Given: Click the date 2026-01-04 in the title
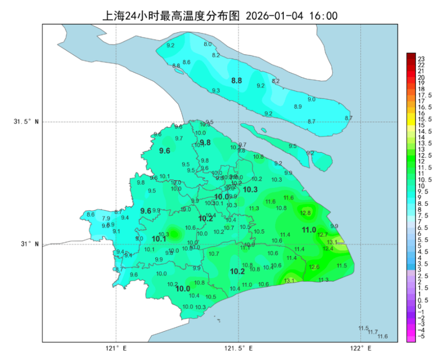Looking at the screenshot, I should pyautogui.click(x=274, y=16).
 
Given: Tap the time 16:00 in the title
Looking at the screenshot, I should pyautogui.click(x=323, y=16).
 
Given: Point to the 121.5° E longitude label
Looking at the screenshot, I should pyautogui.click(x=239, y=349).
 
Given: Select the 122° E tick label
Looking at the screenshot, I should pyautogui.click(x=361, y=349).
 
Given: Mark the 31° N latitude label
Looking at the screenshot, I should pyautogui.click(x=30, y=244).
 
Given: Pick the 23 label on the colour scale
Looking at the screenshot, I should pyautogui.click(x=421, y=59).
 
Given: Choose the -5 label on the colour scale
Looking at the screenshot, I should pyautogui.click(x=421, y=336).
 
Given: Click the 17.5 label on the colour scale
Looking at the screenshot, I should pyautogui.click(x=425, y=95).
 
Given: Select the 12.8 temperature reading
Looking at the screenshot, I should pyautogui.click(x=305, y=213).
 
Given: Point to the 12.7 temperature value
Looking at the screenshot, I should pyautogui.click(x=322, y=235).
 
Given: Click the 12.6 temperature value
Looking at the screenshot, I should pyautogui.click(x=314, y=267).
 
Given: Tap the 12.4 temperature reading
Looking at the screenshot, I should pyautogui.click(x=328, y=248).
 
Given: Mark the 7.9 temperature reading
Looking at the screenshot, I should pyautogui.click(x=106, y=218).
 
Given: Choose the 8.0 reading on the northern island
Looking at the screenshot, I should pyautogui.click(x=208, y=44).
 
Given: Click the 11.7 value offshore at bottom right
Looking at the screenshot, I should pyautogui.click(x=373, y=332).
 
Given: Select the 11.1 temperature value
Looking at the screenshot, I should pyautogui.click(x=245, y=248).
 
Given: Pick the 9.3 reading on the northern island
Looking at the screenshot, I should pyautogui.click(x=216, y=91).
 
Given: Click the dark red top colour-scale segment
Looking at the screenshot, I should pyautogui.click(x=411, y=56).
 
